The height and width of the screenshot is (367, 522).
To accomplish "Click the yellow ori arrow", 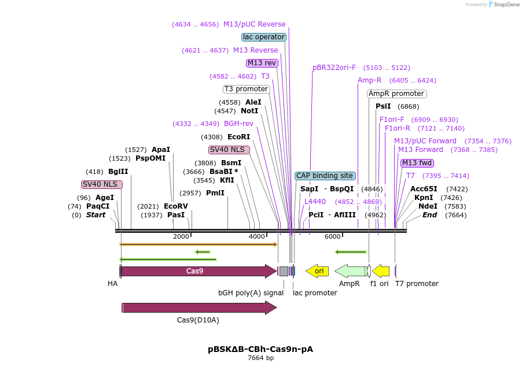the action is click(x=317, y=271).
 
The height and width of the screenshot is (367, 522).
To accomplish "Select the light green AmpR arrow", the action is click(x=351, y=271).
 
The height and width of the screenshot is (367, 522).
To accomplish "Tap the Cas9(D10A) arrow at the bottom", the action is click(x=200, y=308).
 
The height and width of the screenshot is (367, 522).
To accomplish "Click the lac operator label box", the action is click(x=264, y=37).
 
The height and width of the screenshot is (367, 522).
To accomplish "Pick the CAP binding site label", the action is click(x=325, y=176).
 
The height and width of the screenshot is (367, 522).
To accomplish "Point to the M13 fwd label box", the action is click(x=417, y=163).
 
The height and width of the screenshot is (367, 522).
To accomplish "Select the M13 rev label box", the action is click(x=262, y=63).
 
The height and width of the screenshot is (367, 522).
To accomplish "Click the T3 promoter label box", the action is click(x=246, y=89).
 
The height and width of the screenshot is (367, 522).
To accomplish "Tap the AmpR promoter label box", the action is click(x=397, y=94).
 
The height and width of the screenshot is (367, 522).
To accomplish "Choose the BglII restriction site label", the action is click(x=118, y=172).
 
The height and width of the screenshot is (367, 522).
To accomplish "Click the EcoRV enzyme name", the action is click(x=176, y=206).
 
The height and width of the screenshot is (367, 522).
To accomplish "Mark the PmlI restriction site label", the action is click(x=215, y=193).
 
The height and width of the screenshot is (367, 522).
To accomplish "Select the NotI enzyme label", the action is click(x=249, y=111).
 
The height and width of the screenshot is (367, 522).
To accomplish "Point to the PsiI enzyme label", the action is click(x=383, y=106).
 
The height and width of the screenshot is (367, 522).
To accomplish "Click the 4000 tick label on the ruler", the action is click(x=257, y=236).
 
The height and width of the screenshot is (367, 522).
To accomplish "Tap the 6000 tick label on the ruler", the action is click(x=333, y=236).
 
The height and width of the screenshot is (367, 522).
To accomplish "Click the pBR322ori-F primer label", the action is click(x=334, y=68).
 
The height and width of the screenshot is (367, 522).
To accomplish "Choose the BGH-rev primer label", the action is click(x=238, y=124).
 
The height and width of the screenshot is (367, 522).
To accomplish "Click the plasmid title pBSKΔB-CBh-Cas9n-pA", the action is click(x=260, y=349).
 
